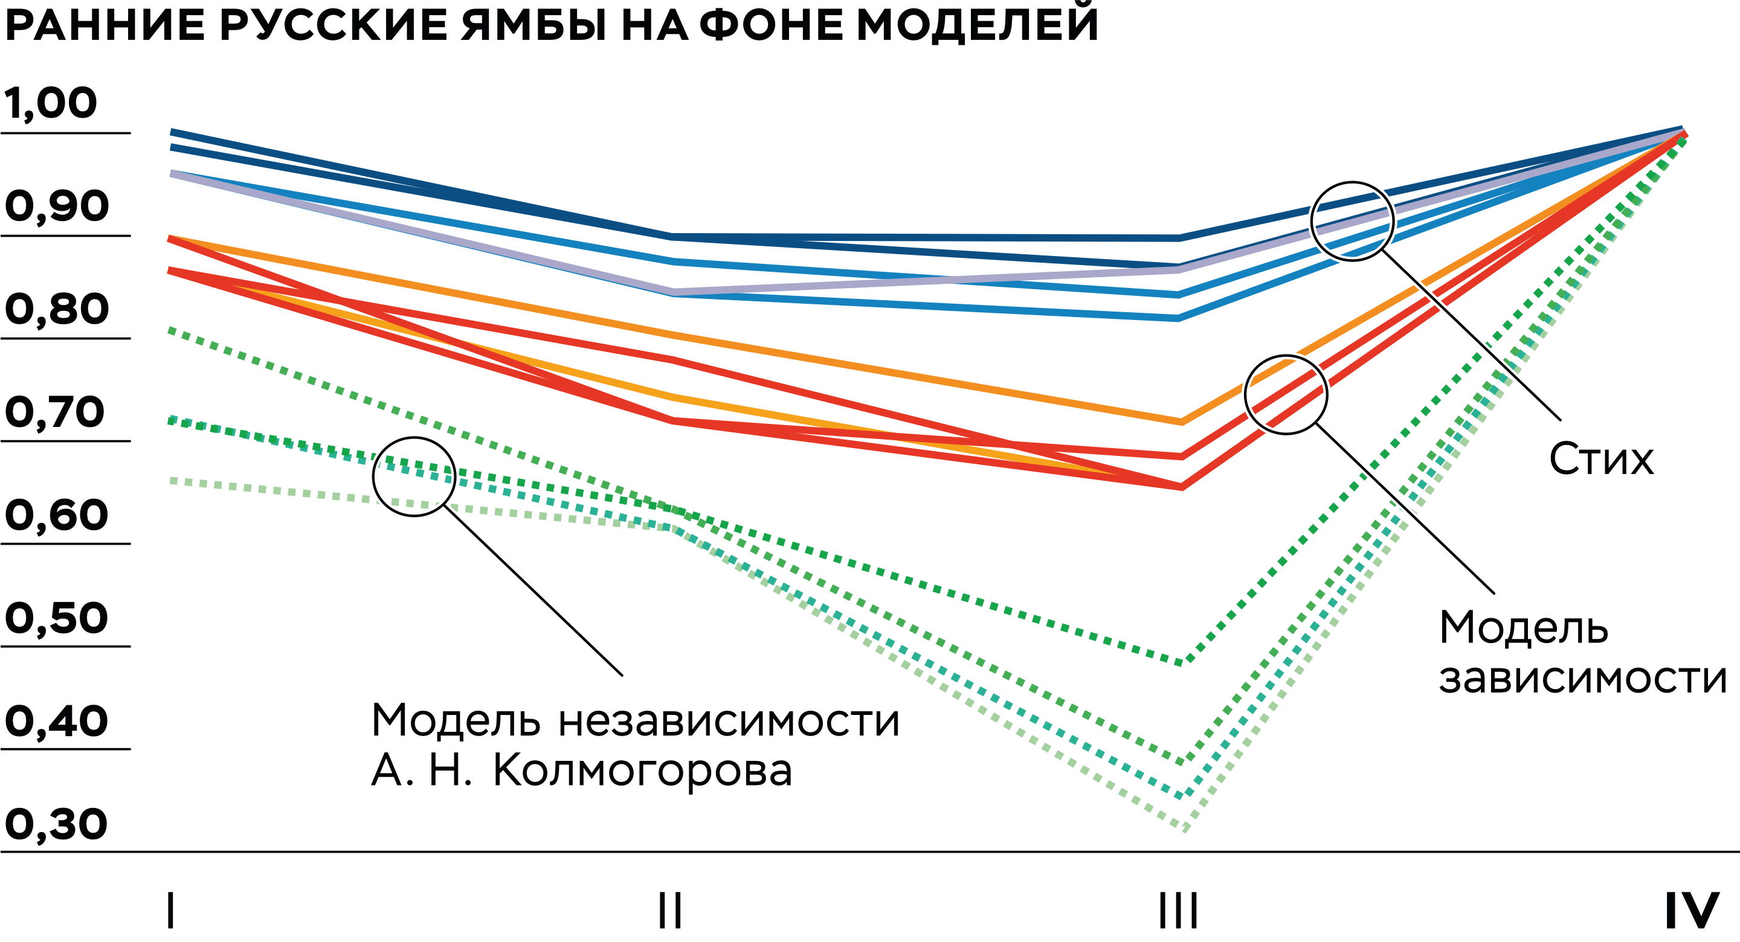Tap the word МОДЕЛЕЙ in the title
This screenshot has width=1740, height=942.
pyautogui.click(x=977, y=24)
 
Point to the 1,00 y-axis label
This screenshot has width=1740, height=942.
pyautogui.click(x=51, y=103)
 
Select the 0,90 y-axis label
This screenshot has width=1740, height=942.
pyautogui.click(x=57, y=206)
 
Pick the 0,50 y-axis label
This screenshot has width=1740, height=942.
pyautogui.click(x=56, y=617)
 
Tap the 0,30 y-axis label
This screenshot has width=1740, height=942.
pyautogui.click(x=56, y=824)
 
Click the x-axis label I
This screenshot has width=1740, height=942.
pyautogui.click(x=171, y=910)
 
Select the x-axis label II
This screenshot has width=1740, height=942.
pyautogui.click(x=670, y=910)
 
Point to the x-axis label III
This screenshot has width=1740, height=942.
pyautogui.click(x=1179, y=910)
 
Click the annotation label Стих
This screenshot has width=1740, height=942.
pyautogui.click(x=1601, y=459)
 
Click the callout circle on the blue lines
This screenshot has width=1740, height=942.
pyautogui.click(x=1352, y=222)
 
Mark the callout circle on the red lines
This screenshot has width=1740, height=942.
pyautogui.click(x=1286, y=395)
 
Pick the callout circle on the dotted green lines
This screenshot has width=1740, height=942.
pyautogui.click(x=414, y=477)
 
